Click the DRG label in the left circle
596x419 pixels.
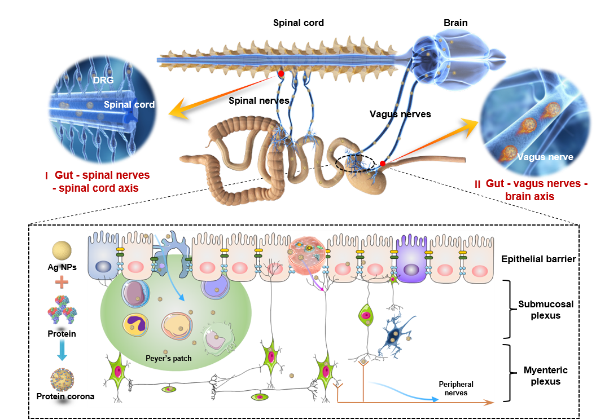point(103,80)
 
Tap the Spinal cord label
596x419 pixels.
point(129,104)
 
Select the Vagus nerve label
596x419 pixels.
point(545,157)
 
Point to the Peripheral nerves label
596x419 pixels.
point(456,388)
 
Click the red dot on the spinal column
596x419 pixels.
point(281,74)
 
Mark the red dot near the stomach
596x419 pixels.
point(383,164)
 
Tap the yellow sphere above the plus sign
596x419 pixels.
point(62,251)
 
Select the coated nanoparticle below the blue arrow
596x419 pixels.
point(62,381)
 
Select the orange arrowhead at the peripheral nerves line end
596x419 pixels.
point(490,403)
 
